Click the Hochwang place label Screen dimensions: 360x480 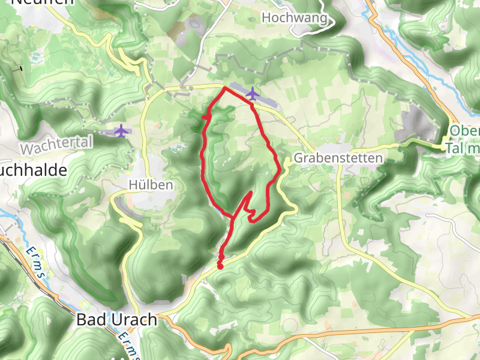[295, 18]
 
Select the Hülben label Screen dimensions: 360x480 [151, 185]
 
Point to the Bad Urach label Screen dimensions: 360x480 [116, 320]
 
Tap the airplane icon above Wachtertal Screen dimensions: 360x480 [122, 130]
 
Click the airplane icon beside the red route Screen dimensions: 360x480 [253, 94]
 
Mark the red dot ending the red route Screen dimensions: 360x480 [220, 266]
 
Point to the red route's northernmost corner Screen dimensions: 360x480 [224, 88]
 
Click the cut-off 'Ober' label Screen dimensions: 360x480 [464, 131]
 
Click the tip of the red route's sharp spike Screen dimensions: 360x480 [250, 192]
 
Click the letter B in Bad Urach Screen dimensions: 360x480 [82, 320]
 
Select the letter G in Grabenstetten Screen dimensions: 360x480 [298, 159]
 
